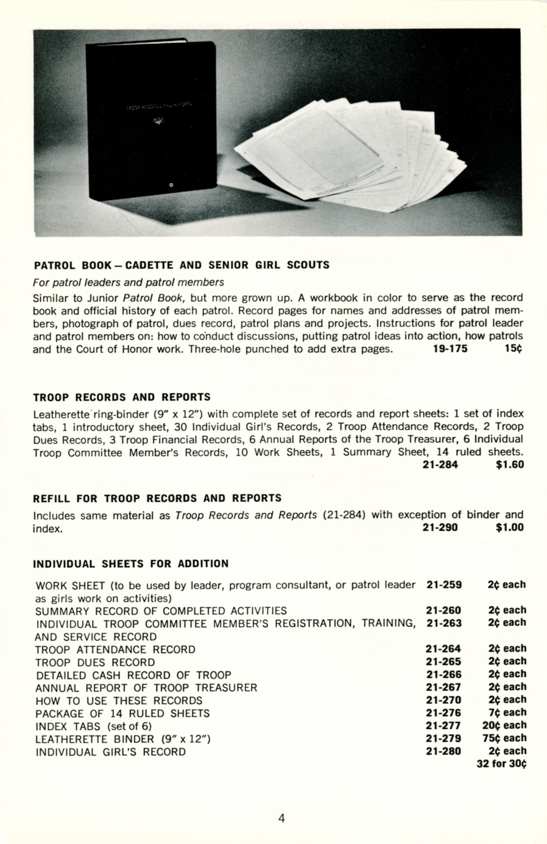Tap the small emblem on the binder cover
click(x=157, y=121)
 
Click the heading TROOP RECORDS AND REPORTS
click(x=121, y=397)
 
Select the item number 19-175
click(x=450, y=349)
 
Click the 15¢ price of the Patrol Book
click(x=513, y=349)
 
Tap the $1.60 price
click(x=510, y=465)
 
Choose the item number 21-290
click(x=440, y=528)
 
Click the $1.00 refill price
click(x=510, y=528)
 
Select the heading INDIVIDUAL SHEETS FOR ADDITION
click(x=131, y=564)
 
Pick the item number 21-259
click(x=444, y=585)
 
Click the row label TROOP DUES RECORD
click(x=95, y=662)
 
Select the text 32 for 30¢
click(x=501, y=764)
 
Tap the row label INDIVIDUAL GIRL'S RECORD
click(x=111, y=752)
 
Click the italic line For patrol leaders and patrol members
click(x=128, y=282)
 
